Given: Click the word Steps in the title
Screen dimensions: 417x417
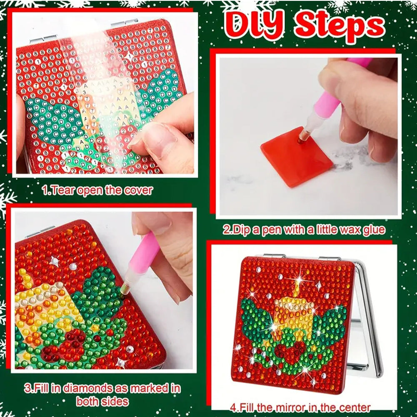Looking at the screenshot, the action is [x=340, y=26].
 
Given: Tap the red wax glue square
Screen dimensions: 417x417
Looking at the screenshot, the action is [x=297, y=157].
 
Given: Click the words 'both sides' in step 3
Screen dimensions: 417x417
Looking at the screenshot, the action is [x=102, y=401].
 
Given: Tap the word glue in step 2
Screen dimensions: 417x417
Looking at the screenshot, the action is [x=375, y=230].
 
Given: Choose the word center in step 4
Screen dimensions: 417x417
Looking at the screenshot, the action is [x=353, y=408].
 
